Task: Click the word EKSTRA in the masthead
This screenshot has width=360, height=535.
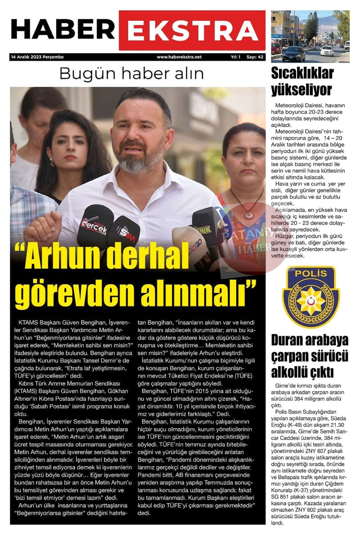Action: (x=192, y=31)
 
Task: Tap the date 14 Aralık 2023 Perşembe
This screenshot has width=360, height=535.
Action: (x=37, y=57)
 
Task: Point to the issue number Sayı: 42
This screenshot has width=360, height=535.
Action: (x=255, y=57)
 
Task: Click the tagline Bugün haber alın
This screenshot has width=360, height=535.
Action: (x=131, y=73)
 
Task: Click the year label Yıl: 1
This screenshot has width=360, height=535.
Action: (x=236, y=57)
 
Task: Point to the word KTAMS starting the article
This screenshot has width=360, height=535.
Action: (x=28, y=323)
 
